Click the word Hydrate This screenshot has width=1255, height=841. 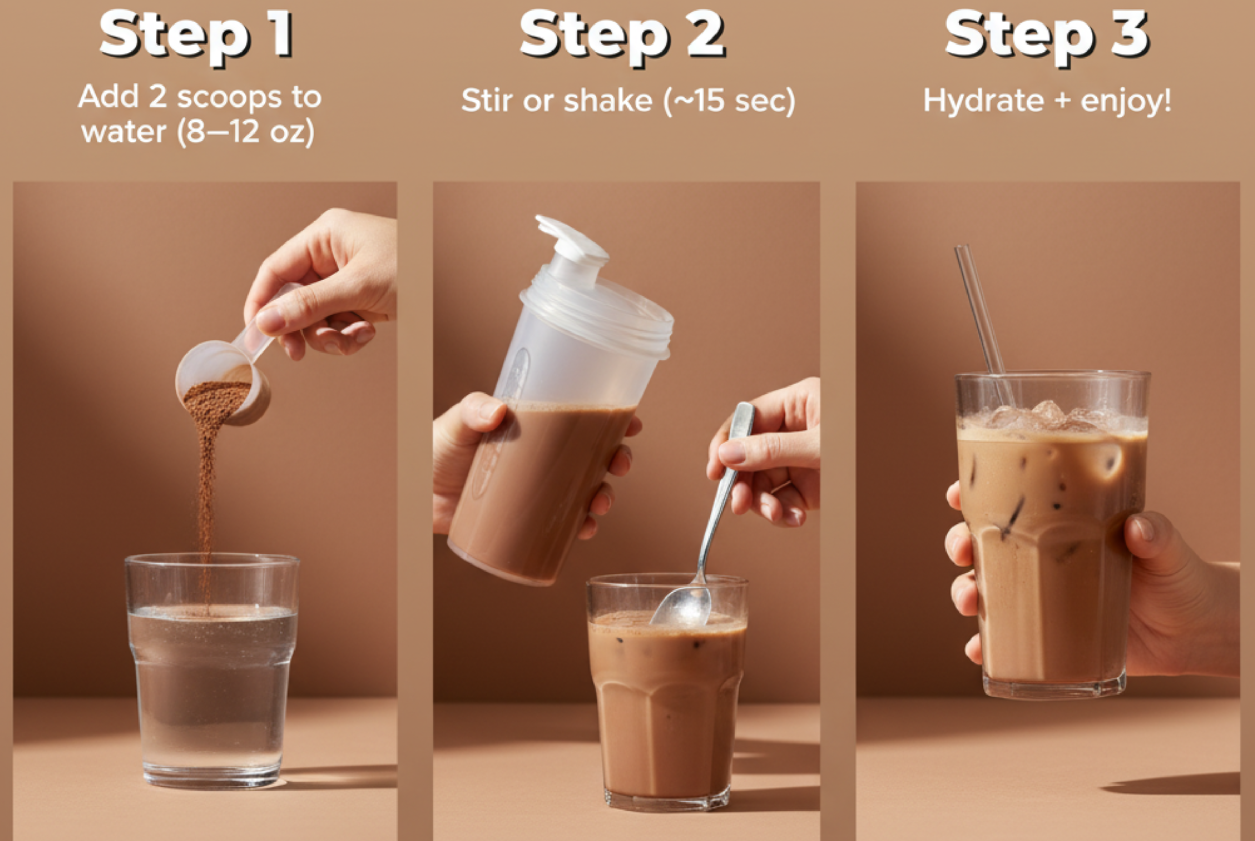tap(983, 101)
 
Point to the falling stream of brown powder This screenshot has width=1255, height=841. tap(206, 483)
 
